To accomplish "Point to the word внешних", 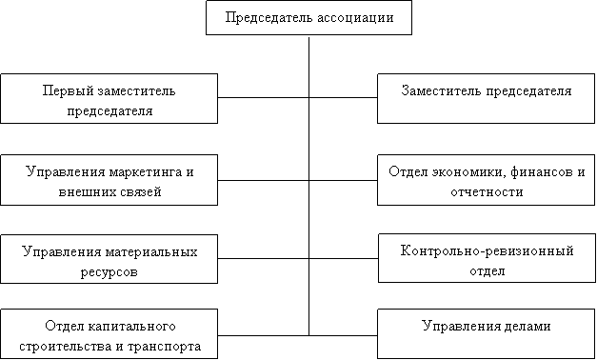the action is click(83, 191).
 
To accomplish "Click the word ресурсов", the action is click(109, 272).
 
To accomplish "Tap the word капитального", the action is click(132, 327).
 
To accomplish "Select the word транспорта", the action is click(164, 347).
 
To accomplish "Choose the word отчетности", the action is click(487, 191).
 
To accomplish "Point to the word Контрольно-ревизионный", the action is click(487, 251).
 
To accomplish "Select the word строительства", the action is click(67, 347).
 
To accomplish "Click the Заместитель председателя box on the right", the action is click(486, 98).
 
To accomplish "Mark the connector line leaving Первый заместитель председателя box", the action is click(263, 97).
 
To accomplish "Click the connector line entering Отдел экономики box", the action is click(343, 180).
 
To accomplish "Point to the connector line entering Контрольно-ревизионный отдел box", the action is click(344, 259).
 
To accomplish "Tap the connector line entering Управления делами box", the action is click(343, 335).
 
